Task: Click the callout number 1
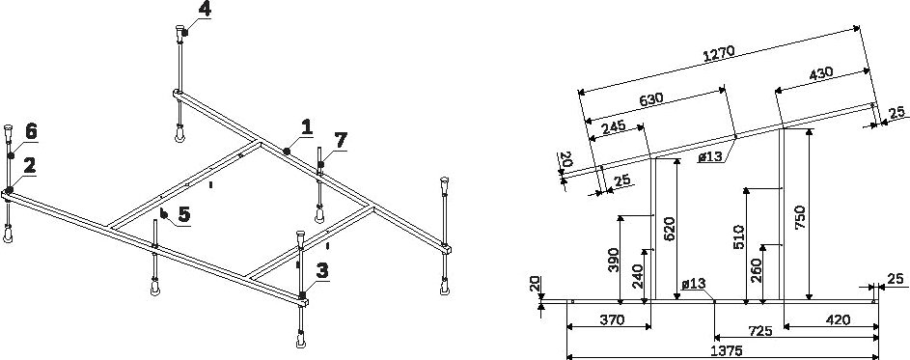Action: (x=307, y=126)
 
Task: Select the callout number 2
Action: (x=29, y=165)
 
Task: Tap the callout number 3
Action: (x=322, y=270)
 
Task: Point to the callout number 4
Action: (x=205, y=9)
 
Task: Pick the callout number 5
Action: (x=183, y=214)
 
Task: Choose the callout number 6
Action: (x=30, y=132)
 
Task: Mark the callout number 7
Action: (x=340, y=140)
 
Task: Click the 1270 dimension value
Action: (x=719, y=53)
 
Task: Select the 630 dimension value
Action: (x=651, y=98)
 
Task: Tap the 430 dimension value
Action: (x=821, y=74)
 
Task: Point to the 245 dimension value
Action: (x=614, y=126)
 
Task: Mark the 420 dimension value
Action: (x=838, y=319)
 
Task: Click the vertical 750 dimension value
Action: (x=799, y=217)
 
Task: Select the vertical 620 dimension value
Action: (x=669, y=229)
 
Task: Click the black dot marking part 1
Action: (x=287, y=152)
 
